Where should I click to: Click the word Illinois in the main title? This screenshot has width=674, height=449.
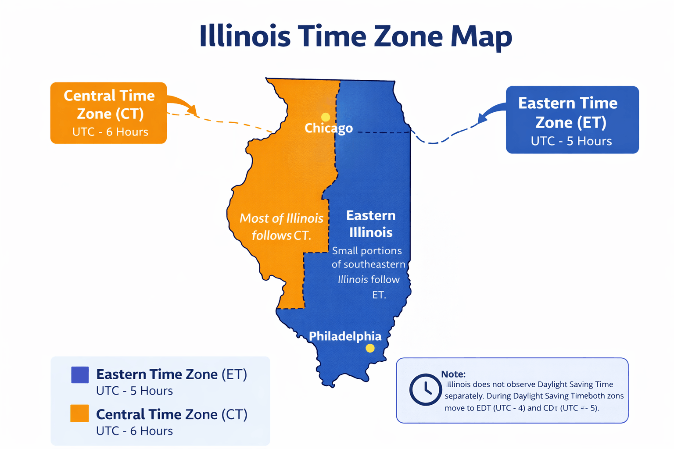pos(244,36)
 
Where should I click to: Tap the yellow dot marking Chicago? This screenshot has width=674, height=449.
pos(325,117)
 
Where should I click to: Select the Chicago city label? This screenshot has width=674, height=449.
pos(328,128)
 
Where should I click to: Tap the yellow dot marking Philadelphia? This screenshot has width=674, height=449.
pos(370,348)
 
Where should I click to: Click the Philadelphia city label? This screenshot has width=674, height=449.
pos(345,336)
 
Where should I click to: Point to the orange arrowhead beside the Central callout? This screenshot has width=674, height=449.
pos(192,109)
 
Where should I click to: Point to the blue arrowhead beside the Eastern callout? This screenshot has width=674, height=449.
pos(483,118)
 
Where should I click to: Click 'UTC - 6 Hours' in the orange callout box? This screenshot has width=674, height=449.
pos(110,132)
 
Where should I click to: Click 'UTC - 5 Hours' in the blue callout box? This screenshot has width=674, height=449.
pos(571,141)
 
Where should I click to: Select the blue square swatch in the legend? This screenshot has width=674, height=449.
pos(80,375)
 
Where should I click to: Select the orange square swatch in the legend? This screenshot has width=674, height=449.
pos(80,413)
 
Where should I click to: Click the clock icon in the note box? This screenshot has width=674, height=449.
pos(425,389)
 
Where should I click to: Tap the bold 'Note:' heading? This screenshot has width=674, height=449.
pos(453,374)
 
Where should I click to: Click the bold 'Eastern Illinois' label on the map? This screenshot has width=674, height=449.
pos(371,224)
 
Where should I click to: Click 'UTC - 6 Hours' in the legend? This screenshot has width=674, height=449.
pos(134,431)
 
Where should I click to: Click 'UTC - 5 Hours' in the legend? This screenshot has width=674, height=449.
pos(134,391)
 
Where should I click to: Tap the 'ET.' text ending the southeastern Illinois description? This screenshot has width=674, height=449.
pos(379,295)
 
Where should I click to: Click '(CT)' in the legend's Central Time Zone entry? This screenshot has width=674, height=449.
pos(234,414)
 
